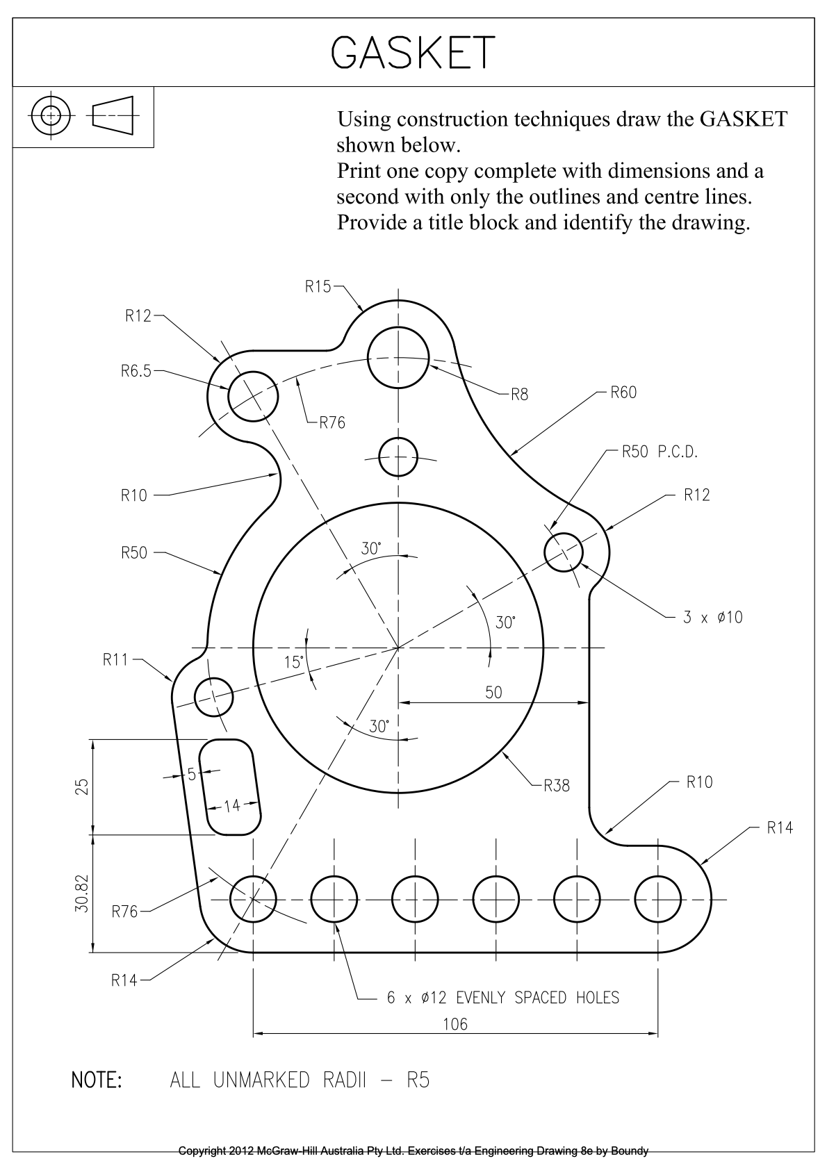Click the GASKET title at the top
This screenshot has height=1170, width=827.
[x=413, y=52]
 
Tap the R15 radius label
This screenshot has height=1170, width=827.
[x=318, y=286]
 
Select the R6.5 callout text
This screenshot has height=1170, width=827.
[x=136, y=371]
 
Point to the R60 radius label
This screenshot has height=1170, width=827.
[x=623, y=393]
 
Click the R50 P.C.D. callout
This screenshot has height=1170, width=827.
[x=659, y=452]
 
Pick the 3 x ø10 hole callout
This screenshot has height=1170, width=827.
[x=712, y=617]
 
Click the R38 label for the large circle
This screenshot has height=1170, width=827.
[x=557, y=786]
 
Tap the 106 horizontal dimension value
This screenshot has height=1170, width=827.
[x=455, y=1023]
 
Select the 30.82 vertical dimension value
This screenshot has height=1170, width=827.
[x=82, y=893]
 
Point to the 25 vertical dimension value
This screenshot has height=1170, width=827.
[x=82, y=786]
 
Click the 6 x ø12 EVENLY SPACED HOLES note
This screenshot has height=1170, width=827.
[x=502, y=998]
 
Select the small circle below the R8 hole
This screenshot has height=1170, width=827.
[x=398, y=456]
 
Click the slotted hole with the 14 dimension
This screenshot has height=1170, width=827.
[x=230, y=786]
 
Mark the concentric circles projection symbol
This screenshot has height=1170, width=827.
[x=51, y=115]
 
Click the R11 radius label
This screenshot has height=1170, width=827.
[x=115, y=659]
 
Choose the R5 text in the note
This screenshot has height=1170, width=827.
[x=418, y=1080]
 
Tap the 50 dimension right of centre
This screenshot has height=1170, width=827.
[x=493, y=693]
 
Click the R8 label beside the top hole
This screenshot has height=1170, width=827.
[x=519, y=395]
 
